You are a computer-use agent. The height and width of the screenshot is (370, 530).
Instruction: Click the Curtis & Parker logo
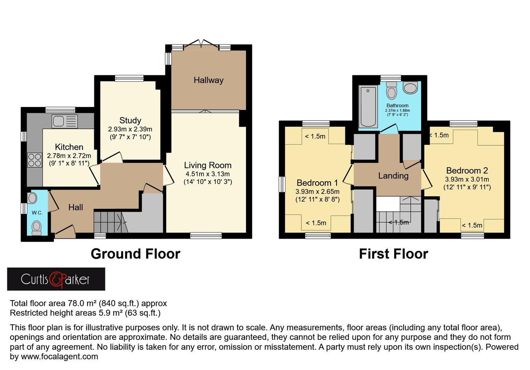tap(56, 279)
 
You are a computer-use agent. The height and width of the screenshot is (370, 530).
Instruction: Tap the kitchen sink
tap(65, 121)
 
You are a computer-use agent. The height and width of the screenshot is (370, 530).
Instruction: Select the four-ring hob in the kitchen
tap(34, 160)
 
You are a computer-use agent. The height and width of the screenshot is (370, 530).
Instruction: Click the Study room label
tap(130, 121)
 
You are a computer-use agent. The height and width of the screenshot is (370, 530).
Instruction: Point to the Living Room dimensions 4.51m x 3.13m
tap(207, 174)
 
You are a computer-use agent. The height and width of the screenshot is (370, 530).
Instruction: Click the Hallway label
tap(208, 80)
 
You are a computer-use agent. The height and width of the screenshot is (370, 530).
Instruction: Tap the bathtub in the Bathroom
tap(368, 106)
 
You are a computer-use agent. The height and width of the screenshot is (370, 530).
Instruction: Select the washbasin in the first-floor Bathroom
tap(410, 88)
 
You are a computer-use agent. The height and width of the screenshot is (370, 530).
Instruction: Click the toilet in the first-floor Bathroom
tap(391, 90)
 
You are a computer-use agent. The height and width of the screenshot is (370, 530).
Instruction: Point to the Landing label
tap(393, 176)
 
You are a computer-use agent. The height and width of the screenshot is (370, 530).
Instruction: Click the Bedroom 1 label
tap(317, 183)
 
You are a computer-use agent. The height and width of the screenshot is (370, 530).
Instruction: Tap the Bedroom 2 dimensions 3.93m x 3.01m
tap(467, 179)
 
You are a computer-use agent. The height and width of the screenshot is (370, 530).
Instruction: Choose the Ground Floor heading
tap(135, 254)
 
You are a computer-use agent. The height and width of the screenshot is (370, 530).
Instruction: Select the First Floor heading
tap(393, 254)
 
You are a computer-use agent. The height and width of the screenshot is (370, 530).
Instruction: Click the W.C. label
tap(37, 213)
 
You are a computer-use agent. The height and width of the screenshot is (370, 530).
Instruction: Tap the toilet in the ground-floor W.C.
tap(36, 227)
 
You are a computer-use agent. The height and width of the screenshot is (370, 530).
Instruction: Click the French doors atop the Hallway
tap(201, 45)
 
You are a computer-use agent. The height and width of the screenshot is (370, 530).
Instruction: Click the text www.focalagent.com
tap(59, 357)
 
